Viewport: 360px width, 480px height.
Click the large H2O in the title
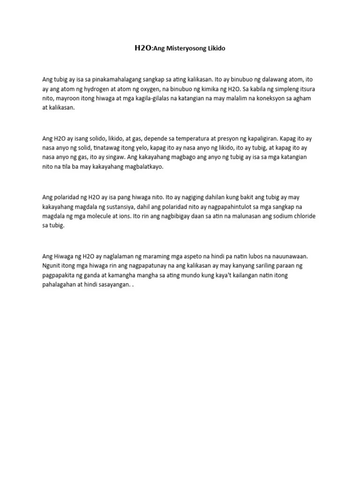[142, 48]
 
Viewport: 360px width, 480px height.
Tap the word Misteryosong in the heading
[184, 48]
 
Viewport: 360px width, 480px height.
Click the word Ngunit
[52, 266]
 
